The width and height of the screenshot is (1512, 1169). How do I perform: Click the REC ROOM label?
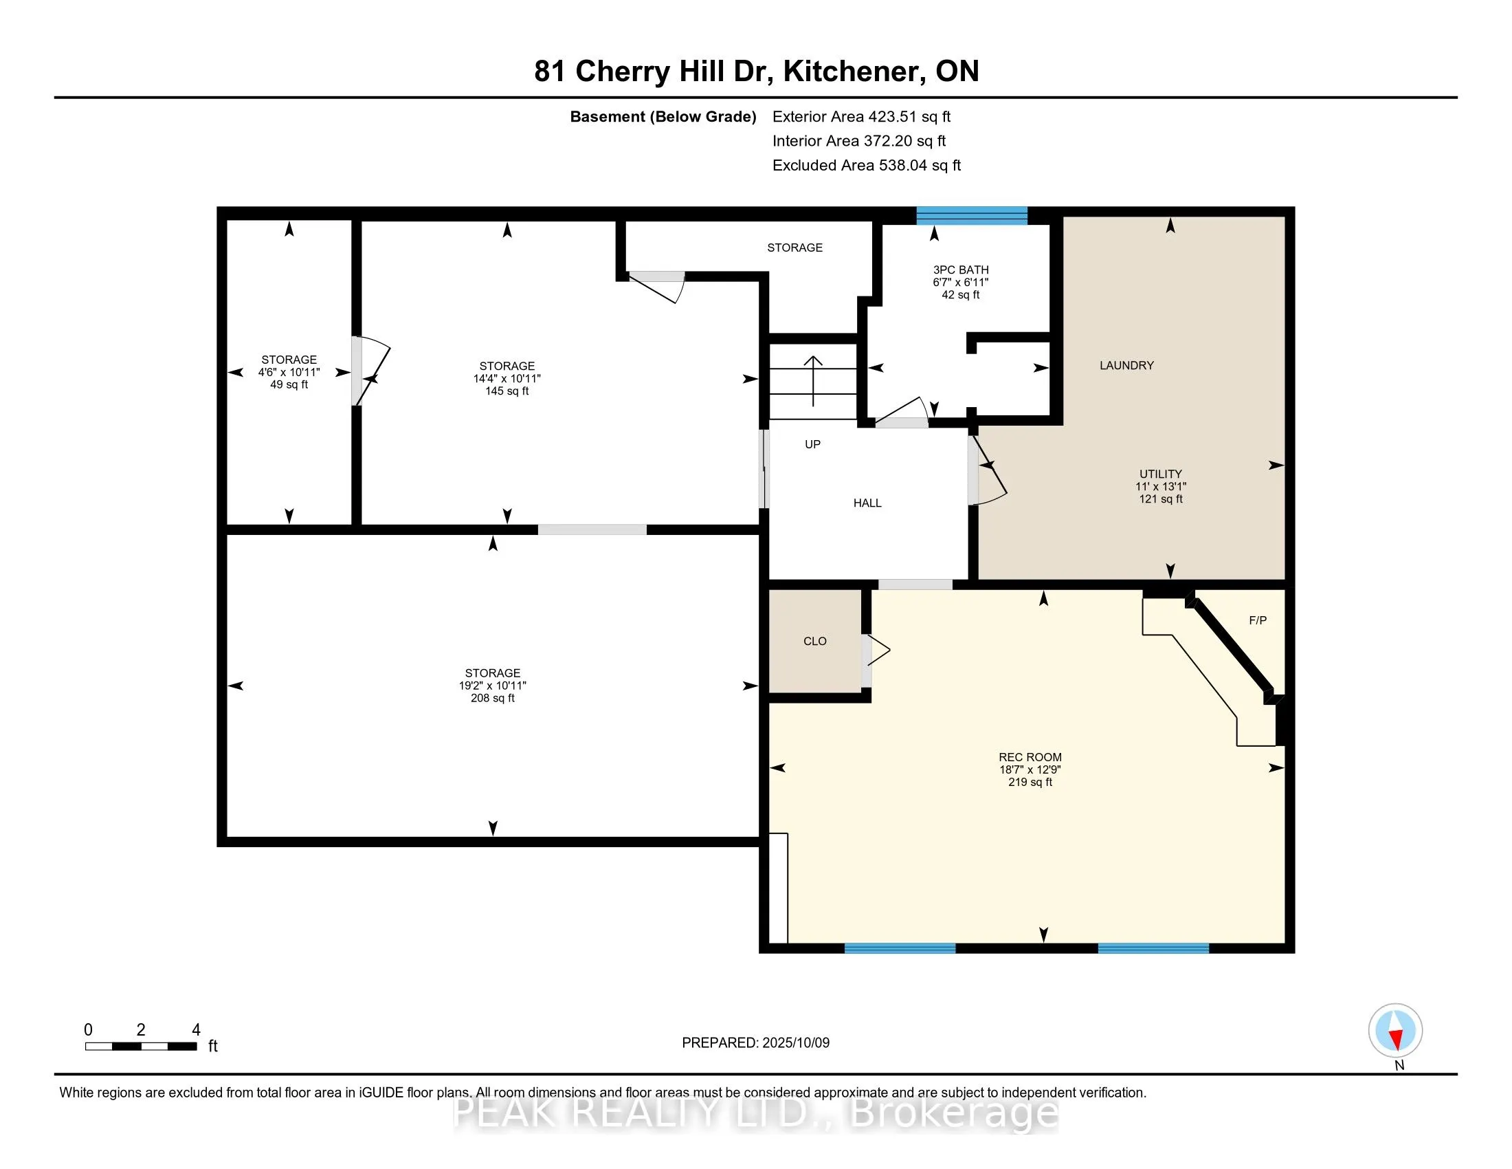click(x=1030, y=757)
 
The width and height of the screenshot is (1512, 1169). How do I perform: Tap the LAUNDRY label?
click(x=1126, y=365)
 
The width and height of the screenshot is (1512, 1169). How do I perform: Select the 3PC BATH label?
click(x=960, y=270)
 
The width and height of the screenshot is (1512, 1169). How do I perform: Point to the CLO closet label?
click(x=815, y=642)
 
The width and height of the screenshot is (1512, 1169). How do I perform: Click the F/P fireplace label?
click(x=1258, y=620)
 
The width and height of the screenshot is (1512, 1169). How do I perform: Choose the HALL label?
click(x=867, y=503)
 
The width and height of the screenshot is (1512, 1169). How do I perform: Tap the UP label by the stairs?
click(x=813, y=444)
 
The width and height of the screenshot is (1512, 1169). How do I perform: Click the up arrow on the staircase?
click(x=813, y=381)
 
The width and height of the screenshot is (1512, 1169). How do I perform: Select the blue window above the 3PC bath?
click(x=971, y=216)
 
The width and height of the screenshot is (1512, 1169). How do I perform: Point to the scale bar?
click(x=141, y=1046)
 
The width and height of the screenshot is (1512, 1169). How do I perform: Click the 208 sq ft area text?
click(x=493, y=698)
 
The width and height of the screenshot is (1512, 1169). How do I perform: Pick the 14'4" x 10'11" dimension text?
click(x=507, y=378)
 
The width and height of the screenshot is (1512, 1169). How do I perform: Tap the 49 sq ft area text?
click(x=289, y=384)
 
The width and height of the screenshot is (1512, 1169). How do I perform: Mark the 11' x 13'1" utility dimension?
click(x=1161, y=486)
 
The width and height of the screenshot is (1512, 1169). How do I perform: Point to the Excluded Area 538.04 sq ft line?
click(x=867, y=166)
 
